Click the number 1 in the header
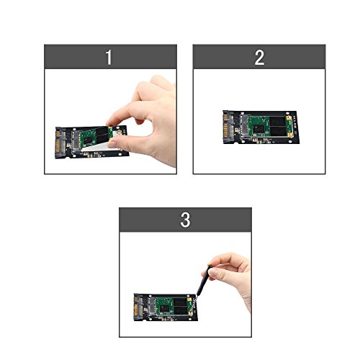click(x=109, y=58)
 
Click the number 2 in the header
click(x=259, y=58)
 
